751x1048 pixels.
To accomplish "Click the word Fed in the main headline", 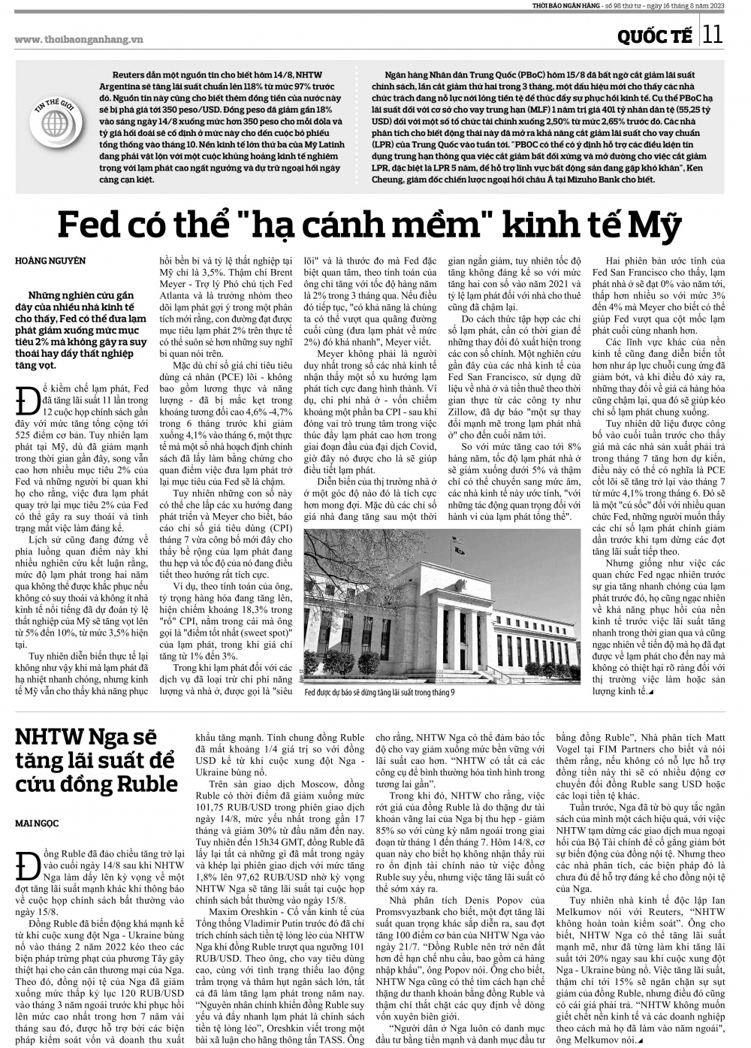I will point(92,225).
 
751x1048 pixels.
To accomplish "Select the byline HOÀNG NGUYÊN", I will point(50,261).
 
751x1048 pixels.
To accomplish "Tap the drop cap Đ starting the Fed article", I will point(28,398).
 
